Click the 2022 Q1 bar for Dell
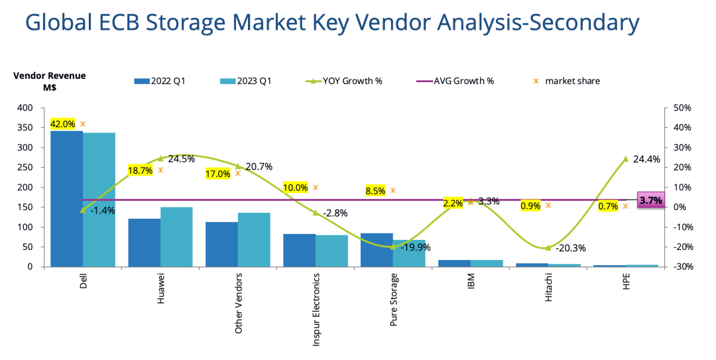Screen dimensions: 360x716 point(66,199)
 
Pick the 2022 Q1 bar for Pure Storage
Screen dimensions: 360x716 point(377,250)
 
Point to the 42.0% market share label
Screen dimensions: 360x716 point(62,124)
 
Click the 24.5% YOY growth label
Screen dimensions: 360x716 point(182,159)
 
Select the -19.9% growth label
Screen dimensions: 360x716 point(416,247)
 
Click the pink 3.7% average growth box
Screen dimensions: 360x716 point(650,200)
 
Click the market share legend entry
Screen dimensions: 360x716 point(567,81)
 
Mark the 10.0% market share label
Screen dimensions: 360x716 point(295,188)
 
